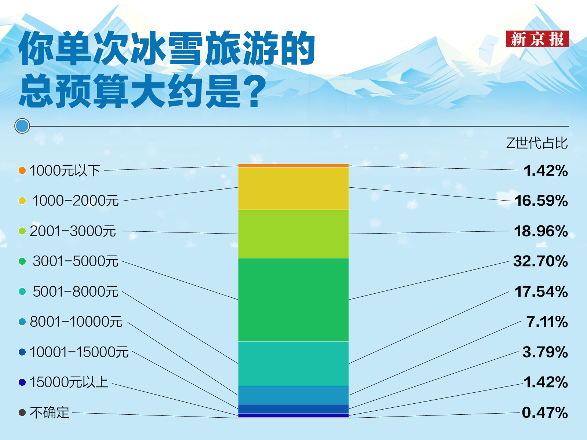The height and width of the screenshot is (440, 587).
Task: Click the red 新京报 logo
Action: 537,39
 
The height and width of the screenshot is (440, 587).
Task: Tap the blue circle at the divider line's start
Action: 22,126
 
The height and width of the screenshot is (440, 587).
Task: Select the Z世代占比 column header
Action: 537,143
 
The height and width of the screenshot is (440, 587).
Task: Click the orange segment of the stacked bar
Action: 293,166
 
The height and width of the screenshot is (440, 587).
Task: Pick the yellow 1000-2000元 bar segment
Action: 293,189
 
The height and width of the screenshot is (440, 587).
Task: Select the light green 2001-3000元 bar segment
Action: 293,234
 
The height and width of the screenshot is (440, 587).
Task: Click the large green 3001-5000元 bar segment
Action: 293,300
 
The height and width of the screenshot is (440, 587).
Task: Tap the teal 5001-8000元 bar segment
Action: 293,364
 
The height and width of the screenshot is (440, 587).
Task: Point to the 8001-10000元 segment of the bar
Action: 293,395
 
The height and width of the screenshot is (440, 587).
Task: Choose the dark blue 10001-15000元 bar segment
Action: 293,409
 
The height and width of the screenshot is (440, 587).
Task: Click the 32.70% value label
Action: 540,261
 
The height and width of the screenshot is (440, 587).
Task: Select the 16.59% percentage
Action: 541,201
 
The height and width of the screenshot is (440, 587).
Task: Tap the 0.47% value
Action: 545,412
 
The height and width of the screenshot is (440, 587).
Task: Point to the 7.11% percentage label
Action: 547,322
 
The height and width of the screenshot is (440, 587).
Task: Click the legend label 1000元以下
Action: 65,170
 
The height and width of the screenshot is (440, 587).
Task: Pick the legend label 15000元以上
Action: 69,382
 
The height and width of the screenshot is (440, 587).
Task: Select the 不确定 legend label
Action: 50,412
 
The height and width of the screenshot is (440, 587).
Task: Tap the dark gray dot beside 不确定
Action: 22,412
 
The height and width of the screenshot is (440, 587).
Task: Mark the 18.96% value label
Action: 541,231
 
